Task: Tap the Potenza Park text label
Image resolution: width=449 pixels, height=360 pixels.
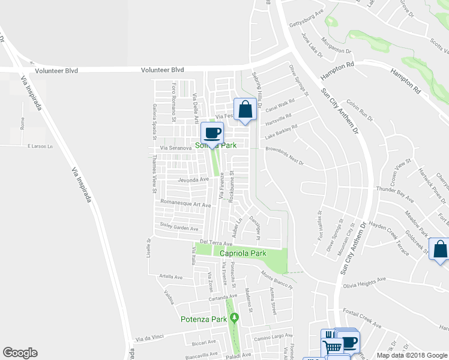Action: click(x=203, y=319)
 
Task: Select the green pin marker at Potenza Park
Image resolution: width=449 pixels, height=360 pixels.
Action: click(x=235, y=317)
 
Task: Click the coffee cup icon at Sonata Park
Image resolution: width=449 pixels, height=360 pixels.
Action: click(x=212, y=133)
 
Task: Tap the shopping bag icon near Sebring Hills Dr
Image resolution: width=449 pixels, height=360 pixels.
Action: click(x=244, y=110)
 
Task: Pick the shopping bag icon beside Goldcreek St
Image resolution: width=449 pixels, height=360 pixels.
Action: click(x=440, y=251)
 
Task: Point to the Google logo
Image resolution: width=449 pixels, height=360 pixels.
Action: click(x=20, y=353)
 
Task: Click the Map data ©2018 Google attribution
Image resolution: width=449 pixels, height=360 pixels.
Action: click(x=412, y=355)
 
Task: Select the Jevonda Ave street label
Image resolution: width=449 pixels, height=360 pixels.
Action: click(x=194, y=179)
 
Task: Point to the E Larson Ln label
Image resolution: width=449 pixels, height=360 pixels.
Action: click(x=40, y=146)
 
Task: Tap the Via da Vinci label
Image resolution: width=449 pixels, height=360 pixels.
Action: click(x=149, y=339)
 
